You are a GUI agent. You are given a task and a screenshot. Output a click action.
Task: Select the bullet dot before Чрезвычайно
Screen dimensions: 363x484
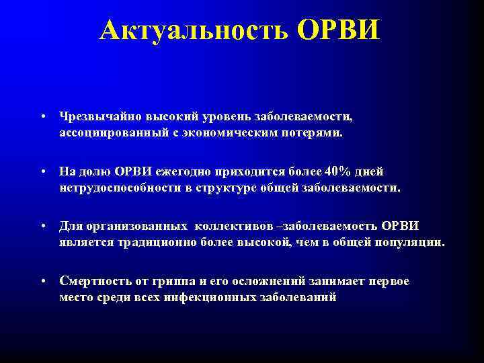pos(42,117)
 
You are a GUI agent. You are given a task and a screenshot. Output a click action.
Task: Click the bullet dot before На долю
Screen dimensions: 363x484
pos(42,172)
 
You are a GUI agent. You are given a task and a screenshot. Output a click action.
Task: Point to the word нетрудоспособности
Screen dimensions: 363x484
pos(119,188)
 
